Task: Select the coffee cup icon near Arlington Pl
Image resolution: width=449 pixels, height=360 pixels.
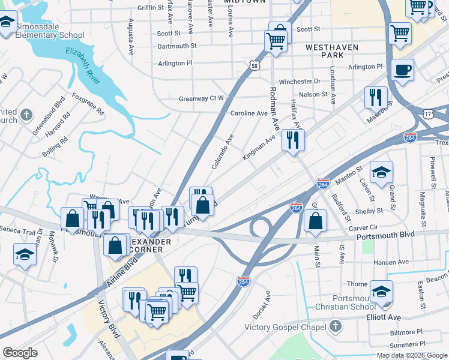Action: coord(402,70)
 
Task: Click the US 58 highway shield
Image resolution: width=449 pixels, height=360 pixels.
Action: coord(256,65)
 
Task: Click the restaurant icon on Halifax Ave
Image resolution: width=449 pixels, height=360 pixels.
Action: coord(293,141)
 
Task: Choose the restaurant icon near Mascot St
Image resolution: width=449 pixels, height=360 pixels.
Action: coord(376,97)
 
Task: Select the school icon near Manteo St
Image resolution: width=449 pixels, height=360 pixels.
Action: coord(381,173)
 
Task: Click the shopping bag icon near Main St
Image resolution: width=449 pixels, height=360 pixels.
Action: coord(315,221)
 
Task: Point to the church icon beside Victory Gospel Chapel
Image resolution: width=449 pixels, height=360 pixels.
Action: coord(335,327)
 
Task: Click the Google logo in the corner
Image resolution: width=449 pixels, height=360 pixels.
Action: coord(20,352)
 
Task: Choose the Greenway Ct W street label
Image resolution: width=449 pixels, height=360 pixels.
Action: coord(201,98)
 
